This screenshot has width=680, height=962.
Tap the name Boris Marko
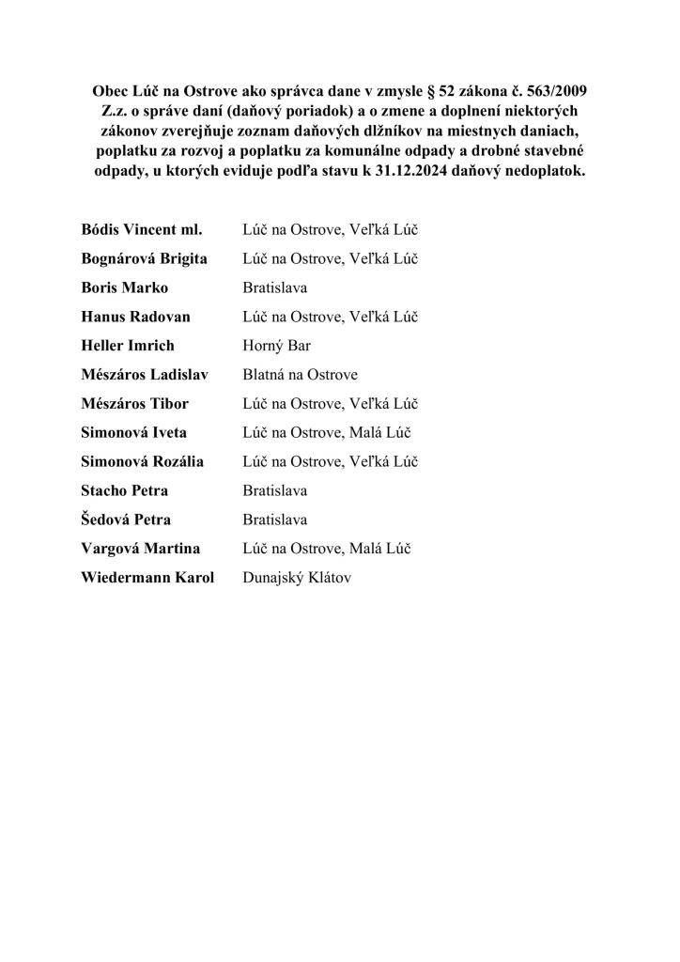[x=125, y=287]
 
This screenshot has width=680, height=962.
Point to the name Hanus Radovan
[x=136, y=317]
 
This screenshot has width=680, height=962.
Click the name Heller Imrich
[x=128, y=346]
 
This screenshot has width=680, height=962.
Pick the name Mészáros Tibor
[x=135, y=404]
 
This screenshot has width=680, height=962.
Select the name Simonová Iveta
[x=134, y=433]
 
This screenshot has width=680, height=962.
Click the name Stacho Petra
[x=126, y=490]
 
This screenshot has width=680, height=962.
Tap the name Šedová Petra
[x=126, y=520]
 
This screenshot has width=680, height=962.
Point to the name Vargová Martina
[x=141, y=549]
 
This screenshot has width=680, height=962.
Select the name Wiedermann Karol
[x=147, y=578]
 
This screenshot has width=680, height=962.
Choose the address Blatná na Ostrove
[x=300, y=375]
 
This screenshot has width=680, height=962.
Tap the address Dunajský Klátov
[x=297, y=578]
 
